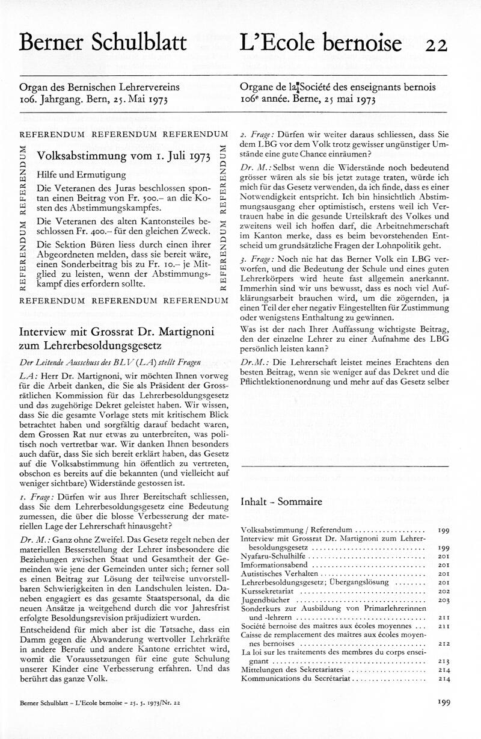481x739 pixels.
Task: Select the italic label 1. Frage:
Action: pos(37,496)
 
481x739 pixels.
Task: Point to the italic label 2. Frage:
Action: pos(259,135)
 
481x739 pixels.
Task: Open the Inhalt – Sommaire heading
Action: pos(281,501)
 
